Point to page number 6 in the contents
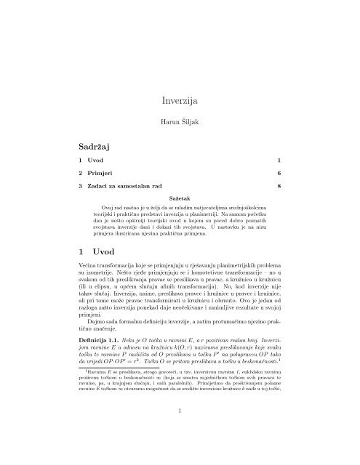point(279,174)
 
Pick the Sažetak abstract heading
point(180,198)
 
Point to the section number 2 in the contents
point(81,174)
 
